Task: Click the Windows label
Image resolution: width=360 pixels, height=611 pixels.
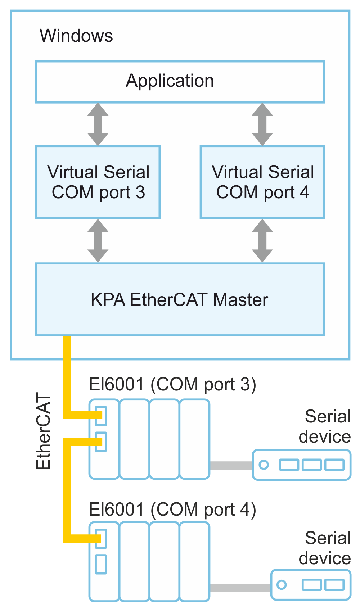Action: pyautogui.click(x=76, y=36)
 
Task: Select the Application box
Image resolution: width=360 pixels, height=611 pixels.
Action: pyautogui.click(x=180, y=82)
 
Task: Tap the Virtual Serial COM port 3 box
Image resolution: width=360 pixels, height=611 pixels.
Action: pyautogui.click(x=98, y=182)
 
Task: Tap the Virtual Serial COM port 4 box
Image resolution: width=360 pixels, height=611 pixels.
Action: pyautogui.click(x=262, y=182)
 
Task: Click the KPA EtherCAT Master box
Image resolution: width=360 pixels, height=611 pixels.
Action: pyautogui.click(x=180, y=299)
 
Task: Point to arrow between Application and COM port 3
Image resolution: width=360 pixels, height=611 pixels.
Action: pyautogui.click(x=98, y=125)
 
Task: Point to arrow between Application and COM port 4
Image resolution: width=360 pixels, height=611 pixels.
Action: pyautogui.click(x=262, y=125)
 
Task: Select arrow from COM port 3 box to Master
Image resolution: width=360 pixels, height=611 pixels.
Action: pyautogui.click(x=98, y=241)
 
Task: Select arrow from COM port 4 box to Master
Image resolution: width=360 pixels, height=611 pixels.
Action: pyautogui.click(x=262, y=241)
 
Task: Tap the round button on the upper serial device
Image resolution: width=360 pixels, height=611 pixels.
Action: pyautogui.click(x=264, y=465)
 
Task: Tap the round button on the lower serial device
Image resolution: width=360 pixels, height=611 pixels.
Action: pyautogui.click(x=282, y=585)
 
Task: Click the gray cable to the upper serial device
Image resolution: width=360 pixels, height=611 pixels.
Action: pyautogui.click(x=231, y=465)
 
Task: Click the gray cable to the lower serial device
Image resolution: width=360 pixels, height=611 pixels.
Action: pyautogui.click(x=240, y=588)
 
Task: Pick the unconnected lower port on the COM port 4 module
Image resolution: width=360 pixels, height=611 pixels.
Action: pyautogui.click(x=101, y=564)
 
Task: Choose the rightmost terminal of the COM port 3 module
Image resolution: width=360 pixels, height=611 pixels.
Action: pyautogui.click(x=194, y=439)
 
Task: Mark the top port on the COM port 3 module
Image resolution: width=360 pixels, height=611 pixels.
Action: pyautogui.click(x=101, y=416)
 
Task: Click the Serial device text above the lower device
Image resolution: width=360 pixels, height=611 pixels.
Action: pyautogui.click(x=325, y=548)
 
